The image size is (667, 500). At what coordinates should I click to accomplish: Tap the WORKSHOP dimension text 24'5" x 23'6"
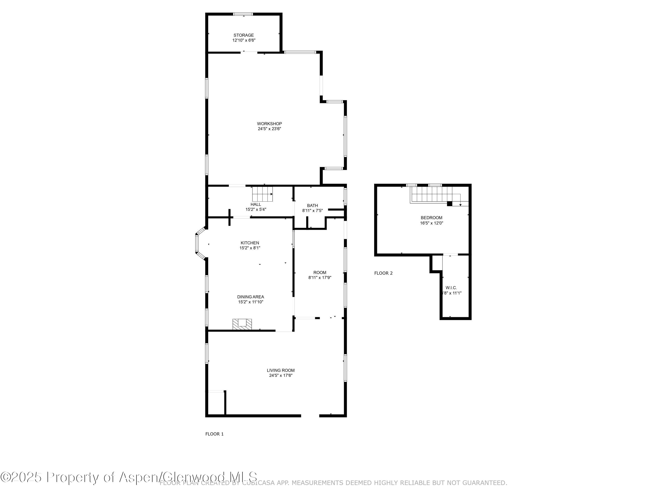[x=269, y=129]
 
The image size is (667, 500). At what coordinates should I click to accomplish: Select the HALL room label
[x=255, y=204]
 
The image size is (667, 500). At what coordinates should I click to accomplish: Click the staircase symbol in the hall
[x=262, y=194]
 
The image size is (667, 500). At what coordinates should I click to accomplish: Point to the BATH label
[x=312, y=206]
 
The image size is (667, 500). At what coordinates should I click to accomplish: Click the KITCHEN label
[x=250, y=243]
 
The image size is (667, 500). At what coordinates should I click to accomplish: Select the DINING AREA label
[x=250, y=297]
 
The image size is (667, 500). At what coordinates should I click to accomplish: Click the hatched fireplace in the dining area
[x=242, y=324]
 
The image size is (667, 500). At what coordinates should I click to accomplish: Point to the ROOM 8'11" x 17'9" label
[x=320, y=272]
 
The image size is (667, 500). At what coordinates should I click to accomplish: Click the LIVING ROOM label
[x=280, y=370]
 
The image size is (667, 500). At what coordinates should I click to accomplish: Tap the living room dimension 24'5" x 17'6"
[x=280, y=376]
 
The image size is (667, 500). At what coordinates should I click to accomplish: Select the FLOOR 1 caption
[x=214, y=434]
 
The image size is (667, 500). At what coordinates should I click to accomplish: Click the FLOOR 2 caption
[x=383, y=273]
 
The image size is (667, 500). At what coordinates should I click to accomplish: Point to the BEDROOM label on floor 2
[x=431, y=218]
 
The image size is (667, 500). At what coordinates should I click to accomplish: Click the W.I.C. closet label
[x=451, y=288]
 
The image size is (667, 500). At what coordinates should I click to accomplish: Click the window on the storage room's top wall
[x=243, y=14]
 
